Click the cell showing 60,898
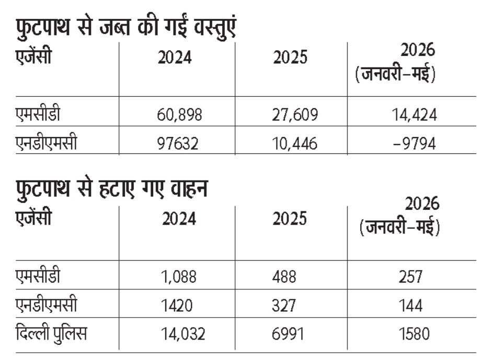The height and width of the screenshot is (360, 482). [x=179, y=115]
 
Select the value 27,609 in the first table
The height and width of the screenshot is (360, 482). [x=295, y=115]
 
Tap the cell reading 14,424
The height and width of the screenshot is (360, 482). [x=414, y=115]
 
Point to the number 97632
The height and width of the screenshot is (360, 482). [x=178, y=144]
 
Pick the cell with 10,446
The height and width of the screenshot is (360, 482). [x=294, y=144]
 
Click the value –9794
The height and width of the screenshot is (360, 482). [x=415, y=144]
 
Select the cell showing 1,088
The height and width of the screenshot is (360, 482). [x=179, y=276]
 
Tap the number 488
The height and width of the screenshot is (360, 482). [x=284, y=276]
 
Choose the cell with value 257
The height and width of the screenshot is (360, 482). [x=411, y=276]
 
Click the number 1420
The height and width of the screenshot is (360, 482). [x=177, y=305]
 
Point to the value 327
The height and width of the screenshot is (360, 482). [x=284, y=305]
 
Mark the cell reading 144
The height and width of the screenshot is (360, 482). [x=410, y=305]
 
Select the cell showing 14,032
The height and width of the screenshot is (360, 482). [x=183, y=334]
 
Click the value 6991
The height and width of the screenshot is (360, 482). [x=288, y=334]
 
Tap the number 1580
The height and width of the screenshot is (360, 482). [x=414, y=334]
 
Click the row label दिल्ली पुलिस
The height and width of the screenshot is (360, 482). [x=51, y=333]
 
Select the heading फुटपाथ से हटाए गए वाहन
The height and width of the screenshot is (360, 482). [x=112, y=188]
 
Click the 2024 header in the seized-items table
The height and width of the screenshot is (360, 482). [x=175, y=58]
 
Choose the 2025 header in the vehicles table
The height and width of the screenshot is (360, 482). [x=290, y=219]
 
